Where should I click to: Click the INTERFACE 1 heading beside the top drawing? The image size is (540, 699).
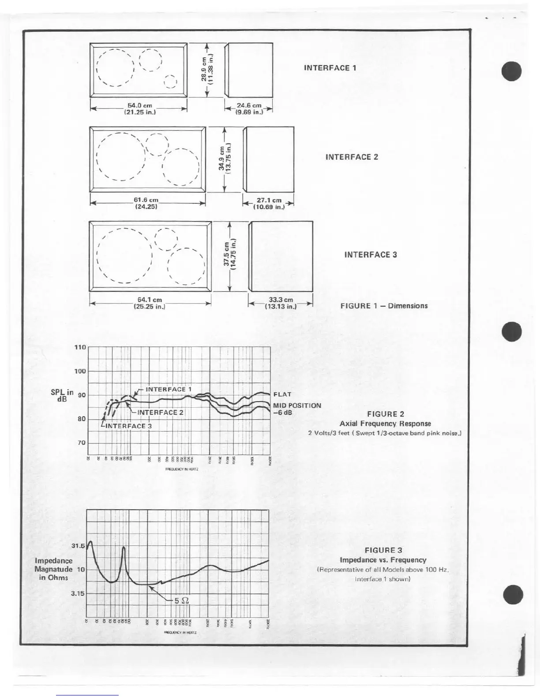coord(330,68)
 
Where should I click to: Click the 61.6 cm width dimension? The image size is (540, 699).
coord(146,203)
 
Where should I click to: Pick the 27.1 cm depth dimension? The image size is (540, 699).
coord(269,203)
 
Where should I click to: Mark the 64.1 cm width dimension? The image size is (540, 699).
coord(150,303)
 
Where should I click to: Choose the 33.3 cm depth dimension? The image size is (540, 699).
coord(281,303)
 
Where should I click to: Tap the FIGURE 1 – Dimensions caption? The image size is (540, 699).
coord(384,305)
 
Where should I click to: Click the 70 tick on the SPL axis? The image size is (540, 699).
coord(82,443)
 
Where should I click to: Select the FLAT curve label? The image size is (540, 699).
coord(282,395)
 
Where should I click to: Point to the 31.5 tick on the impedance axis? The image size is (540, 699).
coord(78,546)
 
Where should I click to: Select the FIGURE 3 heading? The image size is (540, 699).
coord(383,550)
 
